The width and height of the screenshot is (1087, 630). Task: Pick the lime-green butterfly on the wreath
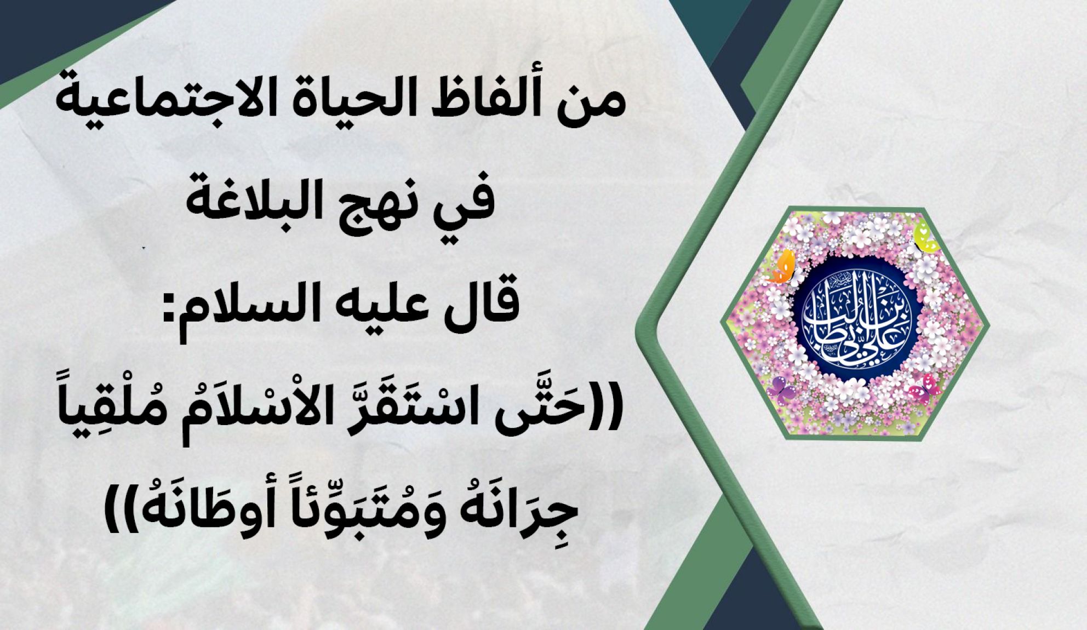click(924, 235)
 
